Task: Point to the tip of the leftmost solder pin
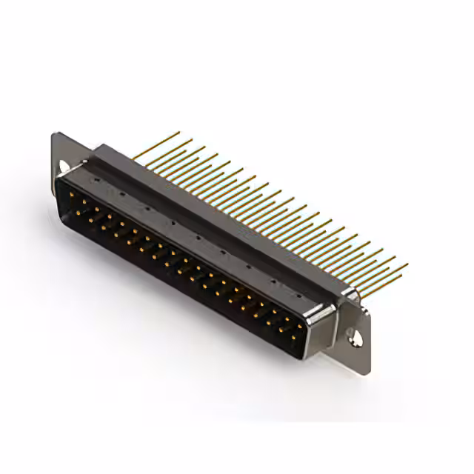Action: point(179,133)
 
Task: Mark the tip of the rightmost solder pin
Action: point(407,264)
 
